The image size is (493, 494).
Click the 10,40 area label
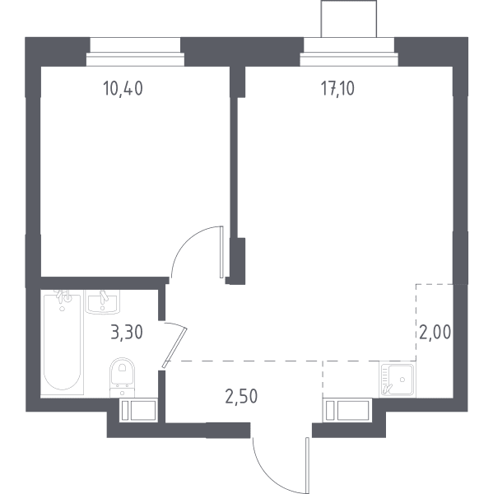(123, 88)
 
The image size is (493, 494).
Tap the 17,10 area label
(337, 88)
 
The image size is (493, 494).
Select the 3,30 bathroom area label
(127, 333)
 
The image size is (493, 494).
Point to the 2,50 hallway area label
(241, 396)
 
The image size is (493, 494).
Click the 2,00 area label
(435, 332)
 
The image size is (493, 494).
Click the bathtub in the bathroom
(63, 342)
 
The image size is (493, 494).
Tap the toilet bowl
(123, 372)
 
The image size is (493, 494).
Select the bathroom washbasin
(103, 302)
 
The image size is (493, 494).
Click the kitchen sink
(398, 380)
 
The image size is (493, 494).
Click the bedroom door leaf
(221, 252)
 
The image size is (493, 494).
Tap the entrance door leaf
(307, 465)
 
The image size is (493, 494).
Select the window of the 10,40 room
(135, 53)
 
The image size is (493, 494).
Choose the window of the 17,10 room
(349, 53)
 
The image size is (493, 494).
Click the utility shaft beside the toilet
(138, 410)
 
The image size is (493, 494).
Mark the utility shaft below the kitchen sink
(346, 410)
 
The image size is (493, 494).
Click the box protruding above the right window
(349, 19)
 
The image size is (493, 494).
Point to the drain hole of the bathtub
(63, 309)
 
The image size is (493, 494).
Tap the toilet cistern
(123, 392)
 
